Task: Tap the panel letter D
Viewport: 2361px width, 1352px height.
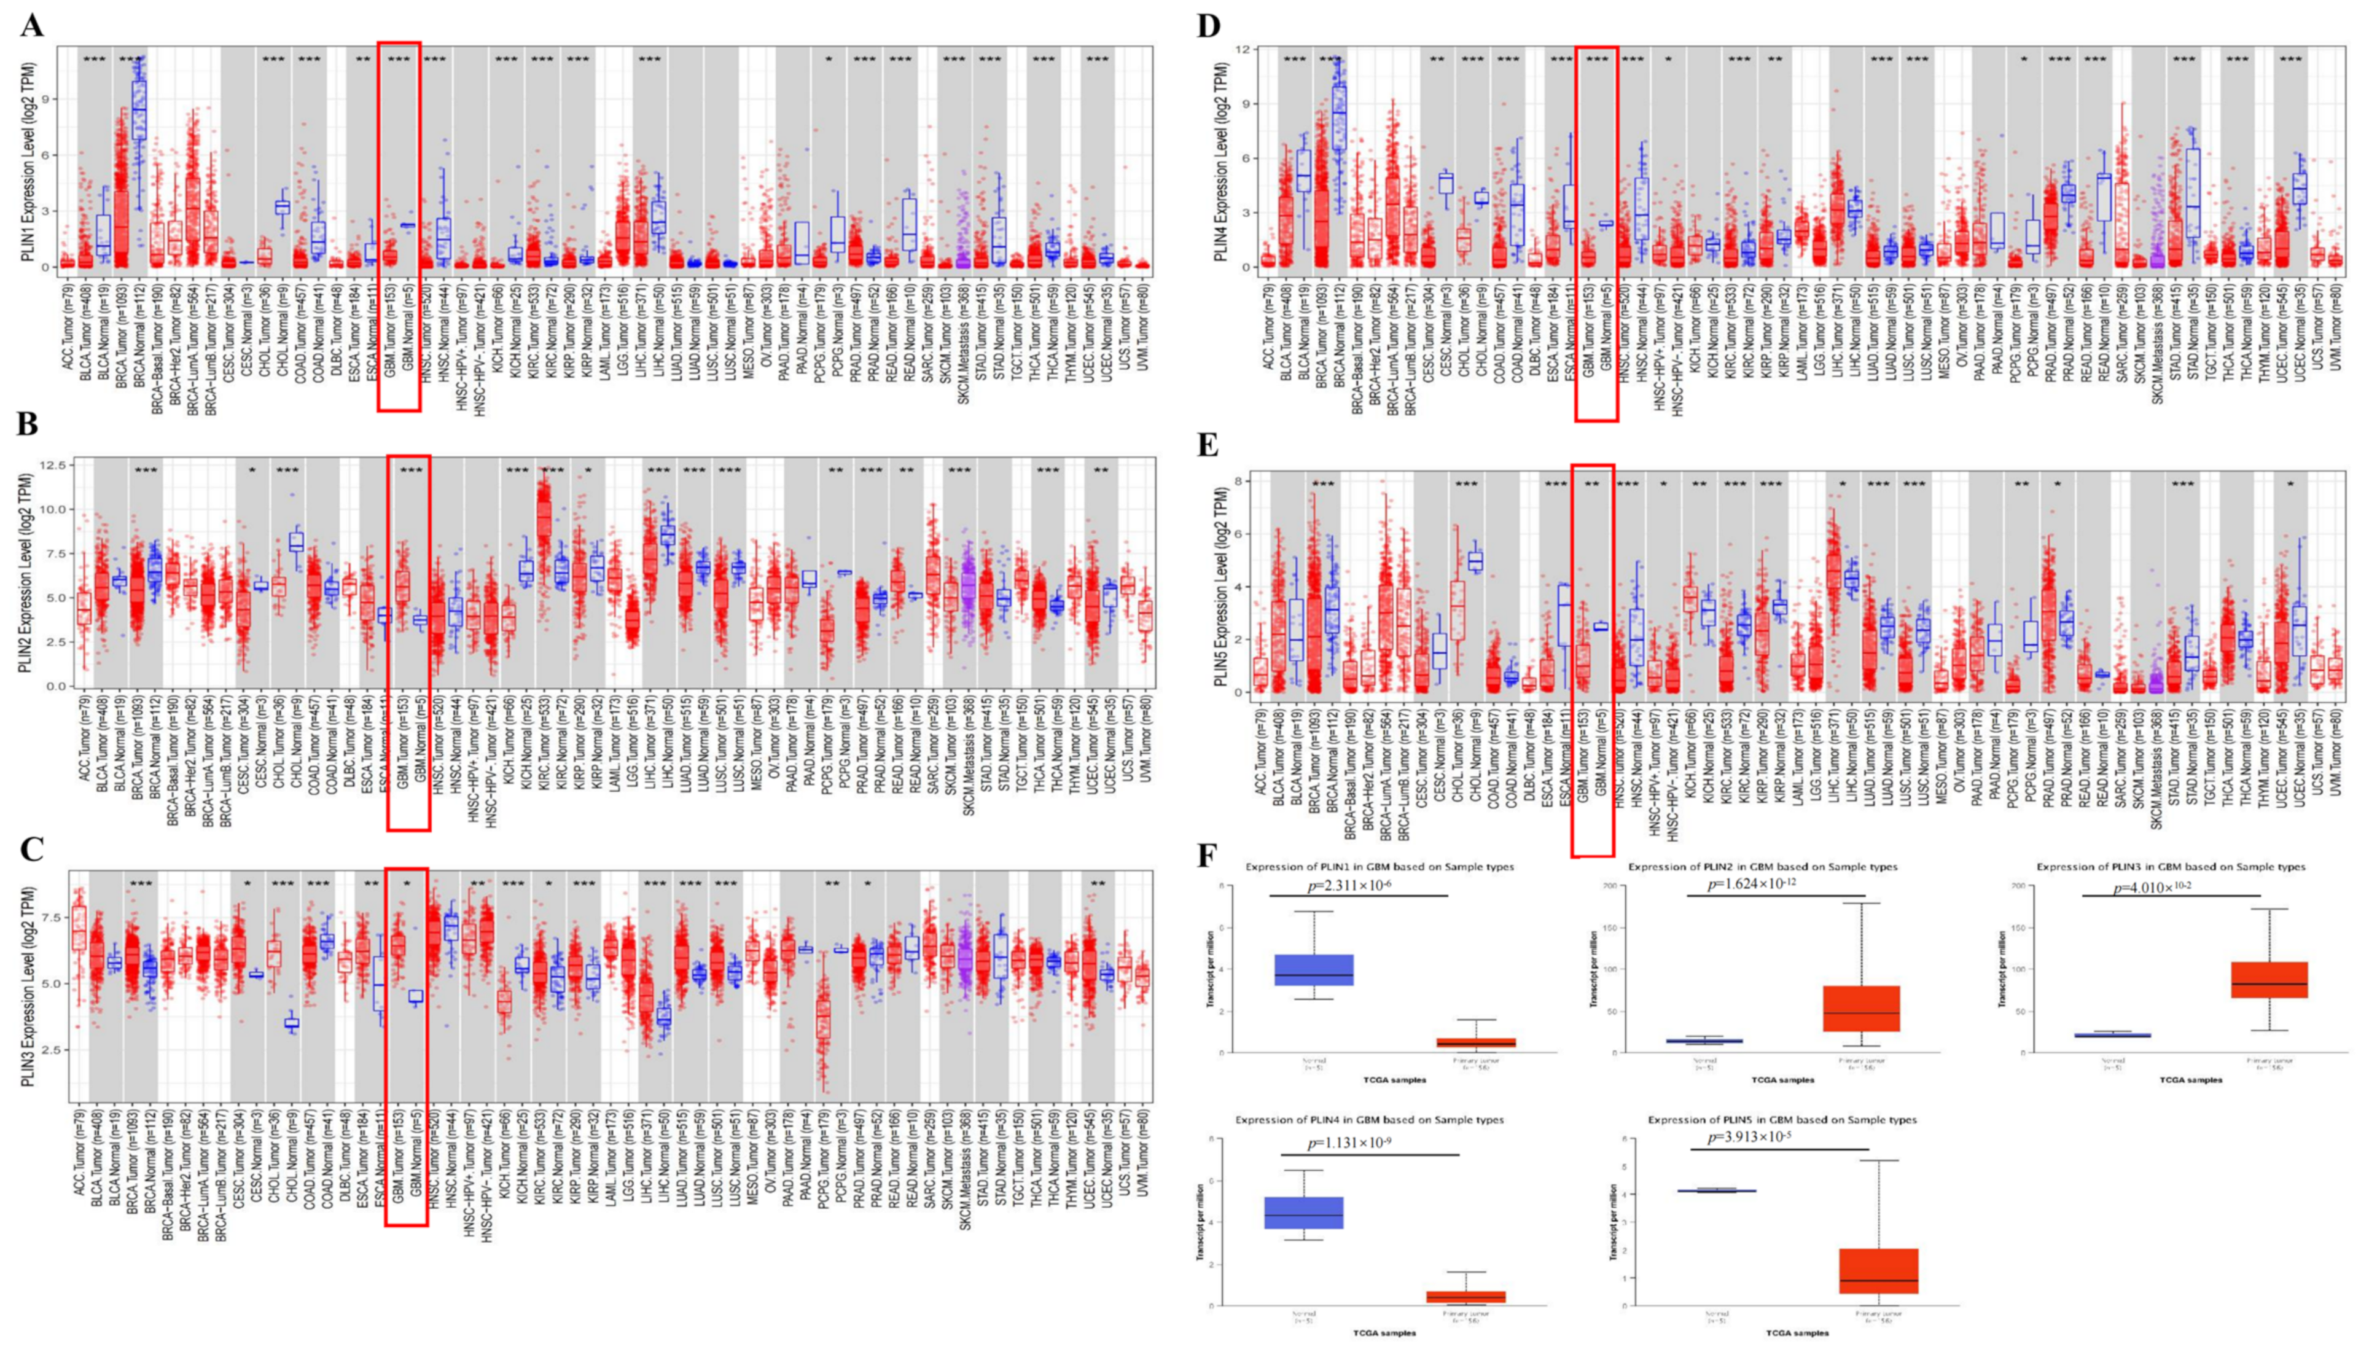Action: point(1209,25)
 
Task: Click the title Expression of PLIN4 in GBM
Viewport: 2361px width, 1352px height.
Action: point(1368,1120)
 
